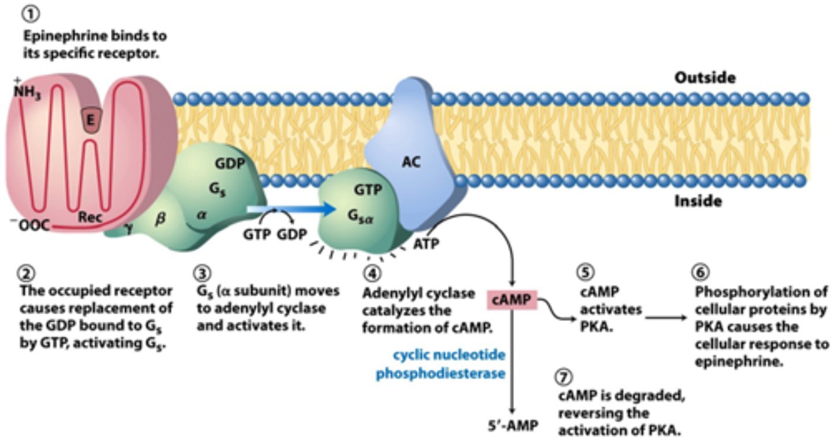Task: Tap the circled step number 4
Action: tap(372, 272)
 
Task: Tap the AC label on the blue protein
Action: tap(411, 162)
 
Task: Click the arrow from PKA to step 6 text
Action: tap(664, 317)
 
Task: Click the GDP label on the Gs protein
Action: tap(230, 164)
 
